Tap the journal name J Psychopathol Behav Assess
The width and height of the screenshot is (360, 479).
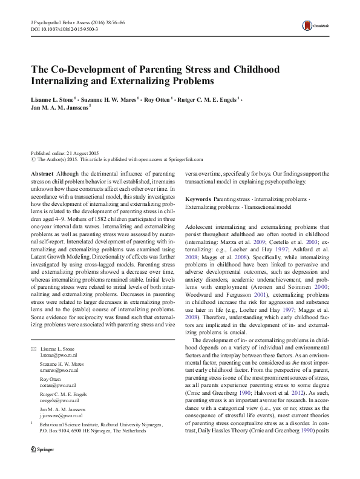(57, 21)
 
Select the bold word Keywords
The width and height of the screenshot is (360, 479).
(198, 199)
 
